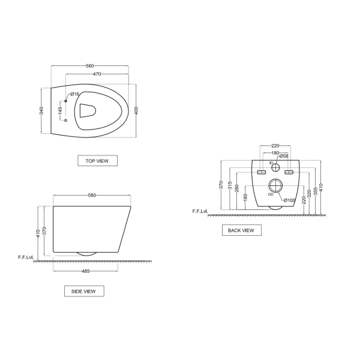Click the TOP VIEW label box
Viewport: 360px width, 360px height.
click(x=97, y=160)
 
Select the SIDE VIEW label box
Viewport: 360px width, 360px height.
click(x=83, y=291)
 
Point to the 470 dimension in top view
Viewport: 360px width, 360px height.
click(x=96, y=73)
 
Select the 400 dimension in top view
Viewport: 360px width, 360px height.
click(x=137, y=112)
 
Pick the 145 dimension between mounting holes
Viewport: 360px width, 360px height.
click(x=61, y=111)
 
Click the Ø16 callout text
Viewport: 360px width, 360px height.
click(x=74, y=94)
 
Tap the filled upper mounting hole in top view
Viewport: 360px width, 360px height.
click(x=65, y=101)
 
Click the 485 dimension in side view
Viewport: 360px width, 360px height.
click(x=85, y=271)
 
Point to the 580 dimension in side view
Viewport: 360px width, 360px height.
click(x=92, y=195)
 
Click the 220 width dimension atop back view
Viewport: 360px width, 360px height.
click(x=275, y=146)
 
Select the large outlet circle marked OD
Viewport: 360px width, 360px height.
click(x=275, y=187)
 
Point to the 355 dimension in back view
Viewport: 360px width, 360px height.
click(x=315, y=188)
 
